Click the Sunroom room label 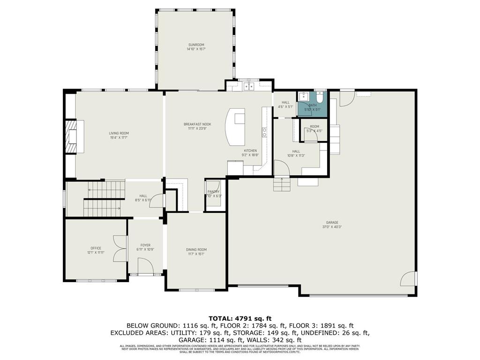pyautogui.click(x=195, y=47)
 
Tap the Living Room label pyautogui.click(x=119, y=135)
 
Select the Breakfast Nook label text pyautogui.click(x=195, y=126)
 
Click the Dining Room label pyautogui.click(x=196, y=252)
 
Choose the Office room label pyautogui.click(x=96, y=250)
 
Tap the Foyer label pyautogui.click(x=145, y=247)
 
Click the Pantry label pyautogui.click(x=214, y=194)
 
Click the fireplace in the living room pyautogui.click(x=71, y=136)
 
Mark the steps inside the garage pyautogui.click(x=282, y=184)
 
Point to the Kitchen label pyautogui.click(x=249, y=152)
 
